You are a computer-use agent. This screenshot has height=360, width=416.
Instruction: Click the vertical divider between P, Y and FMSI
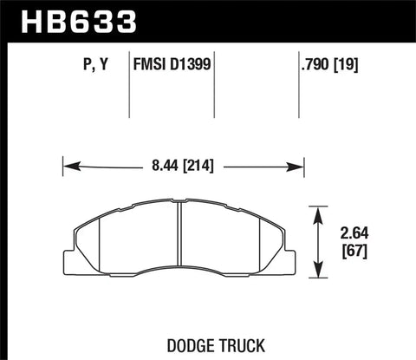point(128,87)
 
